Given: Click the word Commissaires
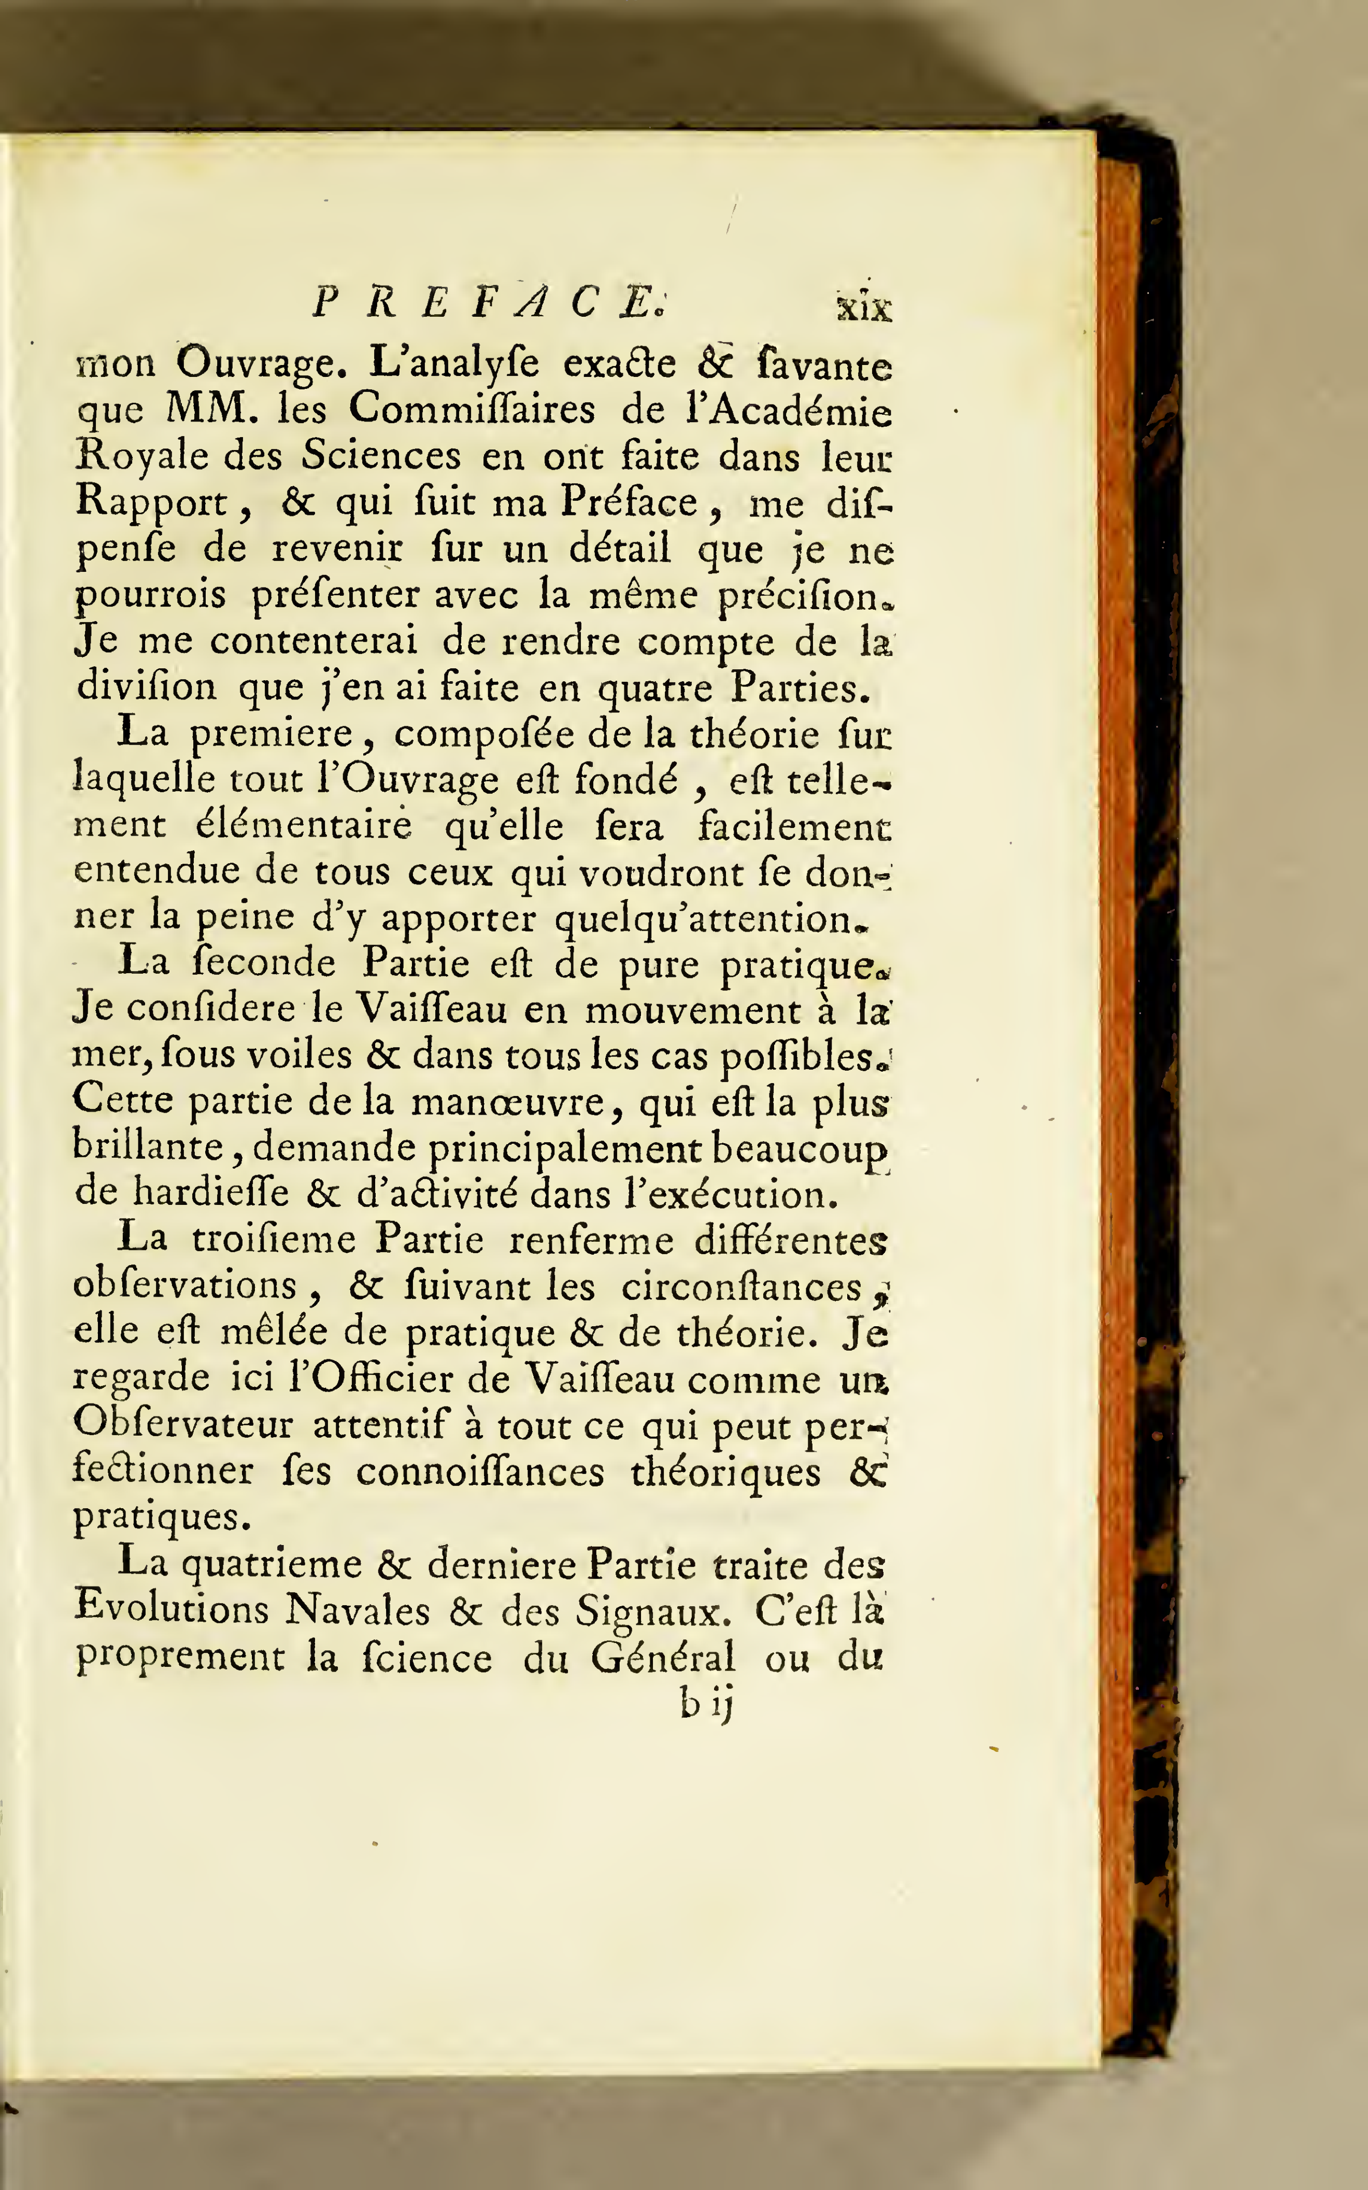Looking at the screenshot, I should coord(472,410).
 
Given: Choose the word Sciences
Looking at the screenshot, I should coord(381,455).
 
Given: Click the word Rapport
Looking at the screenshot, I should coord(150,503).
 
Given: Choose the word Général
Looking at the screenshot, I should coord(663,1657).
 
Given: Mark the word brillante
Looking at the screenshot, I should coord(148,1147).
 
